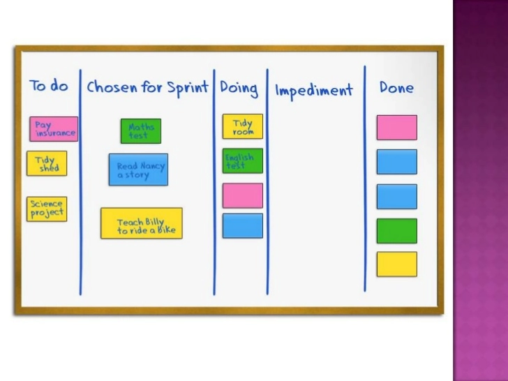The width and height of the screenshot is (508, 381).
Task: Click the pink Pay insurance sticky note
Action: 54,129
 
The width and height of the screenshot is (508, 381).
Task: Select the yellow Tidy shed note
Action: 47,163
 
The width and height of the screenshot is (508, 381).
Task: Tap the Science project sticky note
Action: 47,209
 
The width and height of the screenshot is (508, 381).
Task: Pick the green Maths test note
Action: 140,131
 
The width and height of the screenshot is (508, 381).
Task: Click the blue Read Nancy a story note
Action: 138,170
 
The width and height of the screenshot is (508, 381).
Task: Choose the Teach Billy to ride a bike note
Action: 141,223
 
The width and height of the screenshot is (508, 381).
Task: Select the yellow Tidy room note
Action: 243,126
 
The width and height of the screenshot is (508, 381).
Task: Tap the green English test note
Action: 243,161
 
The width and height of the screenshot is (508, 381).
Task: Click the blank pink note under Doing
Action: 243,195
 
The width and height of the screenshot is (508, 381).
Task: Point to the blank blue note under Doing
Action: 243,225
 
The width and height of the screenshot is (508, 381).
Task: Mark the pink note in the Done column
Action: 396,128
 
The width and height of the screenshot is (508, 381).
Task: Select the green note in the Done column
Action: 396,230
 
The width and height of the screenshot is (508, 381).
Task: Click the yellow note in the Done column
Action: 396,264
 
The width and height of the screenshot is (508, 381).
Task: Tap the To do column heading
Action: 49,86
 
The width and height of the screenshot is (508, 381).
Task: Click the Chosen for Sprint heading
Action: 147,88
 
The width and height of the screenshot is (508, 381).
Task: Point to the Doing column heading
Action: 239,89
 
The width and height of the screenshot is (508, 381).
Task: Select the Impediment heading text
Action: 314,90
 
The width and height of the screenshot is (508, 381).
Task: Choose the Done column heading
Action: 396,88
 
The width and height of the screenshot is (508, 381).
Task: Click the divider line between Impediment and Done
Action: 364,181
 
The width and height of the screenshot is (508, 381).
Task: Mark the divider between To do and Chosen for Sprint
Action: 80,181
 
